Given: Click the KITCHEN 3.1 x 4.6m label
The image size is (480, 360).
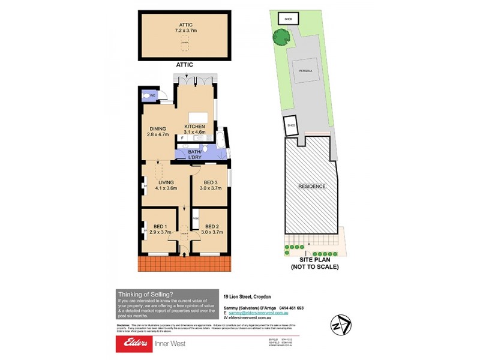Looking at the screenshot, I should (195, 129).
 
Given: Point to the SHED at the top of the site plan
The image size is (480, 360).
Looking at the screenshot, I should (288, 19).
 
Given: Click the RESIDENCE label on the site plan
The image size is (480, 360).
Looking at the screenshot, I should (312, 187).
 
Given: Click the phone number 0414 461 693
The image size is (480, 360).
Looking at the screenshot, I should (292, 308).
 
